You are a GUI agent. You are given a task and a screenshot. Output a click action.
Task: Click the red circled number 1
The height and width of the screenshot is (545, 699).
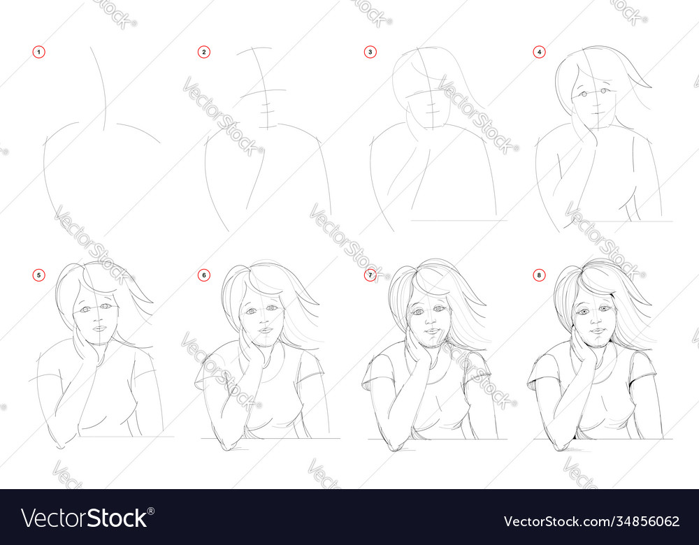click(38, 52)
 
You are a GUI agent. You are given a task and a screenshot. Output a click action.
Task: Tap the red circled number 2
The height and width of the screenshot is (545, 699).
click(203, 52)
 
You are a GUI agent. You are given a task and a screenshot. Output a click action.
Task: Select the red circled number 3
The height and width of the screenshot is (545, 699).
click(370, 52)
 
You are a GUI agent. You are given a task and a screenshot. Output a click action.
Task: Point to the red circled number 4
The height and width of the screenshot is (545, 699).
click(539, 52)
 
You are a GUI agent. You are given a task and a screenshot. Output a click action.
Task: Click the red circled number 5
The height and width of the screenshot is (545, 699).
click(38, 275)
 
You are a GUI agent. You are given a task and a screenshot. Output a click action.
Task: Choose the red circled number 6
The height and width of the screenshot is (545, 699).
click(203, 275)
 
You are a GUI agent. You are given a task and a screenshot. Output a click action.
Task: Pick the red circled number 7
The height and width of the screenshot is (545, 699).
click(370, 275)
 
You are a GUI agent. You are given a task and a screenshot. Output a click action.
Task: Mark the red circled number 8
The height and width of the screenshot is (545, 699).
click(539, 275)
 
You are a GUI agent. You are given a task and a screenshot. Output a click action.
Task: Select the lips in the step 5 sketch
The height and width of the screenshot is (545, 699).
click(99, 328)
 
